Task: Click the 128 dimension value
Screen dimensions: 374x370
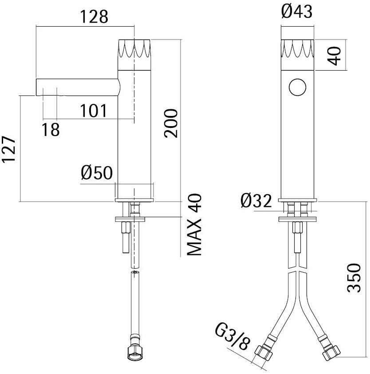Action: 94,16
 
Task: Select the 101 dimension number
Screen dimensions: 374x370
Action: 93,111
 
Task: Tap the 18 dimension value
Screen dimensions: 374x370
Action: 51,130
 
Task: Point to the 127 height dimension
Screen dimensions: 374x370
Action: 10,149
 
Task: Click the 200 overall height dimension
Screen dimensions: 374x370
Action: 171,123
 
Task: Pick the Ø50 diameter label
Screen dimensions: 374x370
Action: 97,173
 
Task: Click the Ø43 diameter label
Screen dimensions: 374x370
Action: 297,12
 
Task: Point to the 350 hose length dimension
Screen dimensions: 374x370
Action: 354,278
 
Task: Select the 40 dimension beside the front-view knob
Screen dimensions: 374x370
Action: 335,55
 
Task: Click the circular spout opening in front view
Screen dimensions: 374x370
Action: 298,87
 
